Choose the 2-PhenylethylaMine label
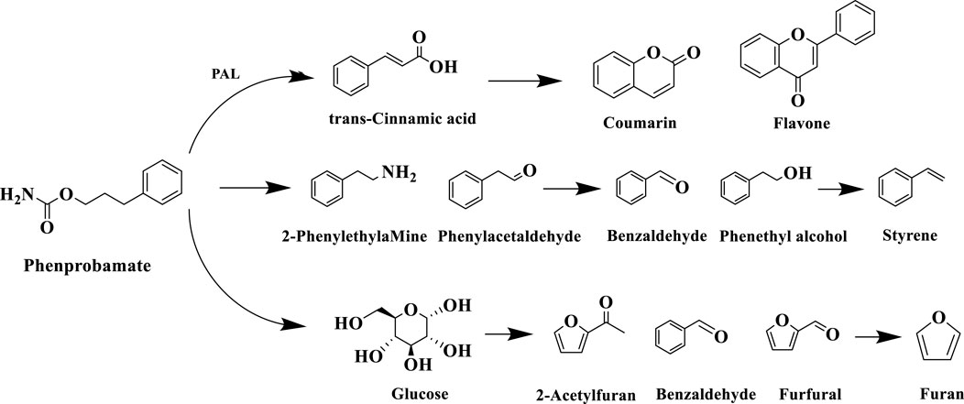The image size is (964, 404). pyautogui.click(x=370, y=235)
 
